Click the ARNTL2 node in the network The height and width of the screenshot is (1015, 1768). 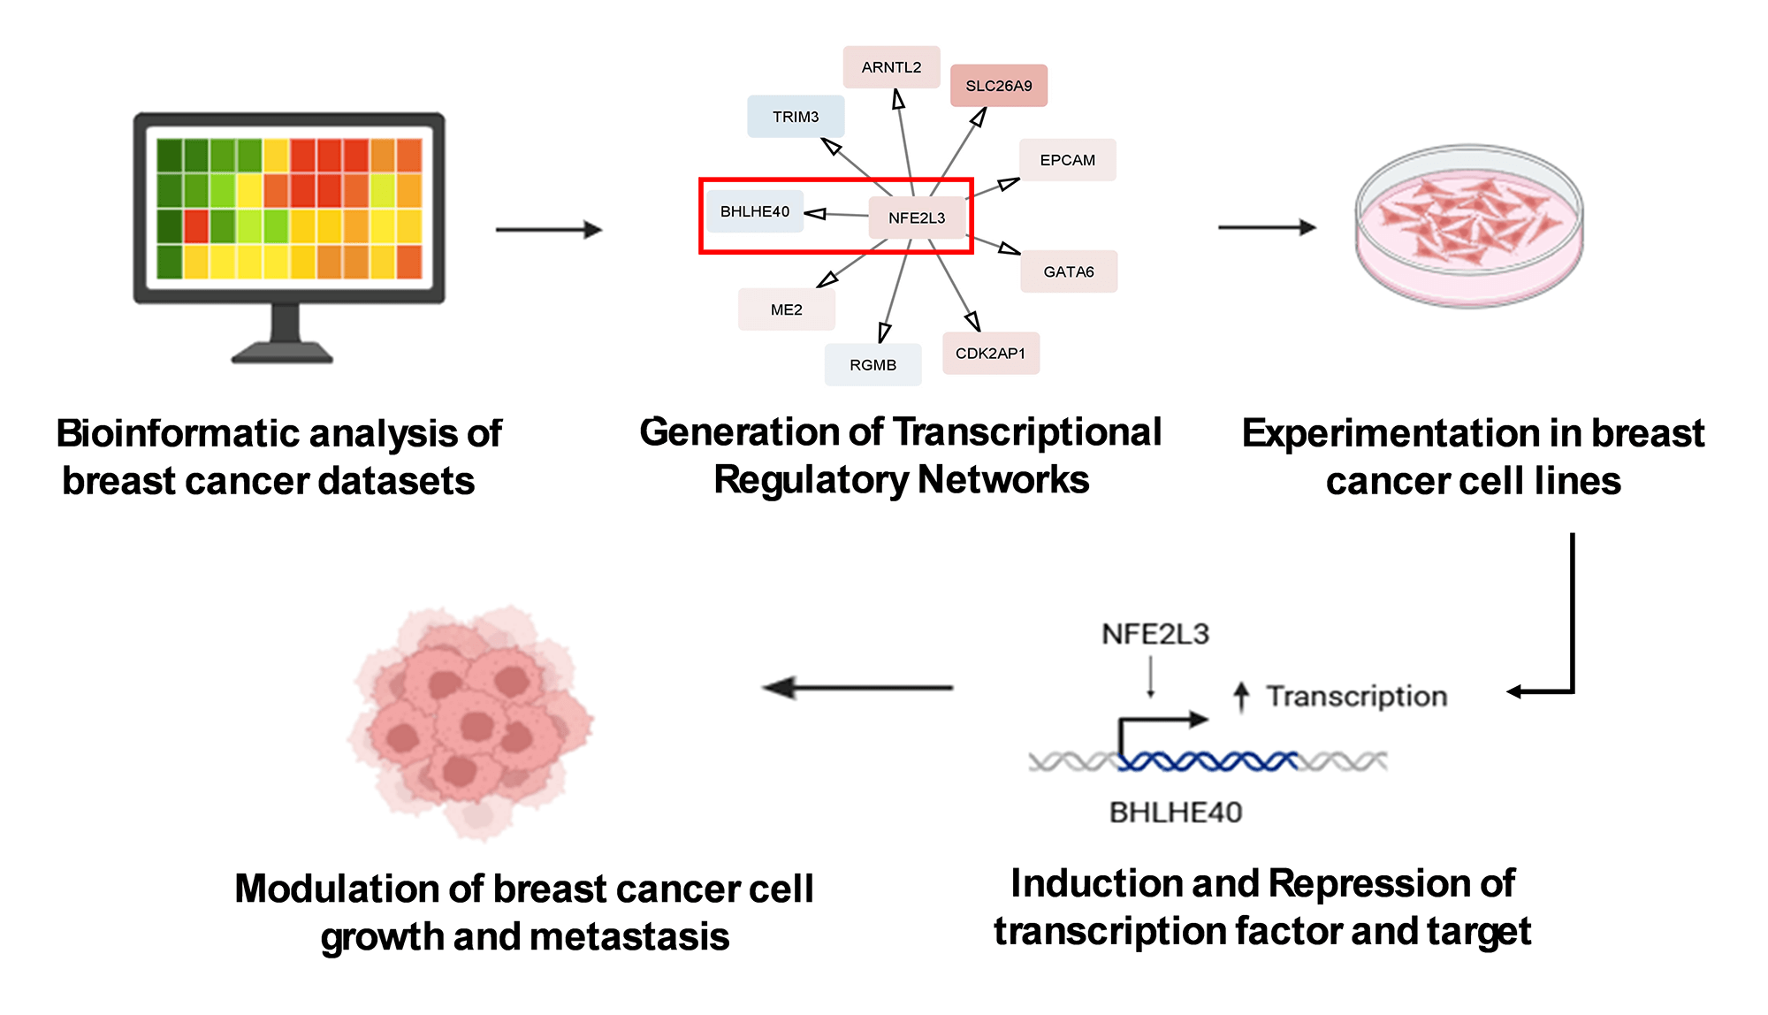point(891,67)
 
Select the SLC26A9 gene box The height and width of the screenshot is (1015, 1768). point(998,86)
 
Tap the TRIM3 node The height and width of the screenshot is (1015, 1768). point(796,117)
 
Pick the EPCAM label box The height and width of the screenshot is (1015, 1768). point(1067,160)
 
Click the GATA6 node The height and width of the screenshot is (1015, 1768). point(1068,271)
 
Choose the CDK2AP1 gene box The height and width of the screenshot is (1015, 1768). point(990,354)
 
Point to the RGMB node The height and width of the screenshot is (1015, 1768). point(873,365)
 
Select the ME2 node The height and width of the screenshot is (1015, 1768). point(786,309)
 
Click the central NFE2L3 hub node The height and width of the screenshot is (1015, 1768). point(917,217)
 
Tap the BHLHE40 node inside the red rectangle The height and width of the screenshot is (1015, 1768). point(755,211)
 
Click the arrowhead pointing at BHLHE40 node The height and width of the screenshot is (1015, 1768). point(814,213)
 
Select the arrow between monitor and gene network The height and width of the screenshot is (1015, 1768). point(548,230)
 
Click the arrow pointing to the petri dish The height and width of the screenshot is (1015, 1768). point(1267,228)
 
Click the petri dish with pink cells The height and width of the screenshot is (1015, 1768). point(1468,226)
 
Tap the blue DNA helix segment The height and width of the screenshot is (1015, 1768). point(1207,761)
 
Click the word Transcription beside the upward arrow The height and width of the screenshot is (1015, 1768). point(1356,697)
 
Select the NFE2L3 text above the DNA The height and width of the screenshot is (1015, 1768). point(1155,634)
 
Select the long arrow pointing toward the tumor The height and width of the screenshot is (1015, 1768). point(857,688)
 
